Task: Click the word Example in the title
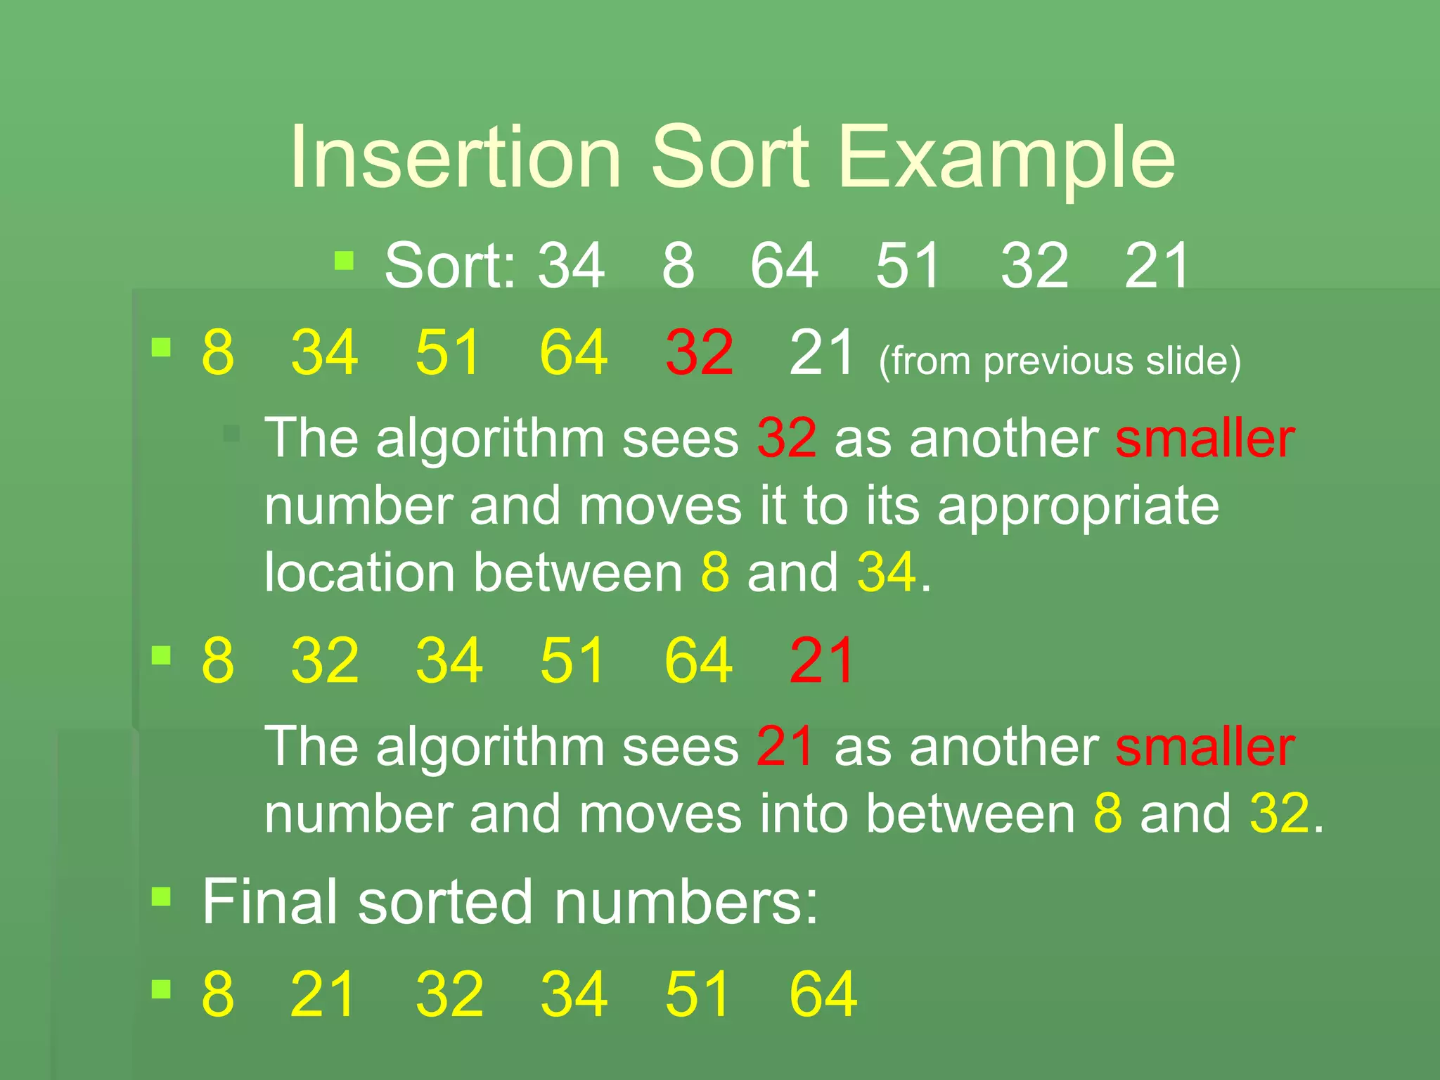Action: pyautogui.click(x=1005, y=158)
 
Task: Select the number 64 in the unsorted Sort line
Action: pyautogui.click(x=784, y=265)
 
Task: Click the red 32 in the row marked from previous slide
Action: pyautogui.click(x=699, y=352)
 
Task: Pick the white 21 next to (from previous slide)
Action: pyautogui.click(x=822, y=352)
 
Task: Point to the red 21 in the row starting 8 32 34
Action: pyautogui.click(x=822, y=660)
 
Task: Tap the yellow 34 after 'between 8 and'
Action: pyautogui.click(x=887, y=572)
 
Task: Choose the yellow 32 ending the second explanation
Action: pyautogui.click(x=1280, y=814)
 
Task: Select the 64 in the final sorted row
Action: pyautogui.click(x=823, y=994)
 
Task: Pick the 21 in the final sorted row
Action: pyautogui.click(x=323, y=994)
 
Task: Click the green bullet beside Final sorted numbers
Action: pyautogui.click(x=162, y=896)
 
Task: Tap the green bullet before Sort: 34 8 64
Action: pyautogui.click(x=344, y=261)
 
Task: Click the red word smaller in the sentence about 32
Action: pyautogui.click(x=1204, y=439)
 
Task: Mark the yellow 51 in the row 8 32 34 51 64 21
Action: pyautogui.click(x=572, y=660)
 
